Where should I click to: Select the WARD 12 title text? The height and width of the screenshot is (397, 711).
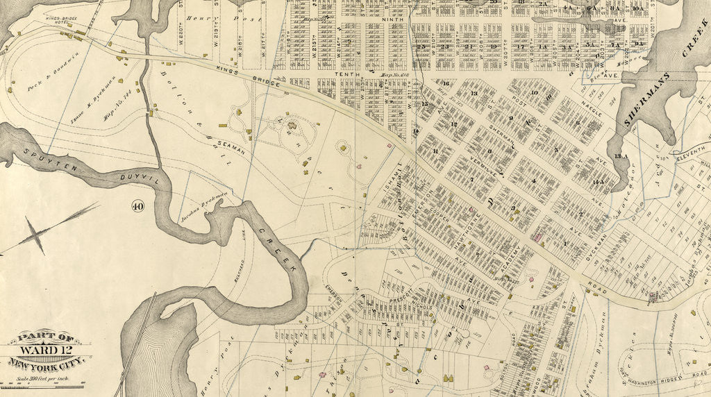(x=46, y=350)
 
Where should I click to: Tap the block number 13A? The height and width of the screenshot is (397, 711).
(x=620, y=157)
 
